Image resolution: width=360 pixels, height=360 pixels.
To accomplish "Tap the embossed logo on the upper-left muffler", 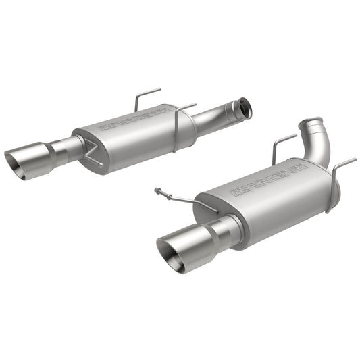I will (134, 117).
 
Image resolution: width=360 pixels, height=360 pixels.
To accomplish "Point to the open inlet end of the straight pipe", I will (245, 107).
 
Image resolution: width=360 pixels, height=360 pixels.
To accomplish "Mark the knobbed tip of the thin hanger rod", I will (157, 190).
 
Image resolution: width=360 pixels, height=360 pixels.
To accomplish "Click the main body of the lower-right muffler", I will (270, 203).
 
